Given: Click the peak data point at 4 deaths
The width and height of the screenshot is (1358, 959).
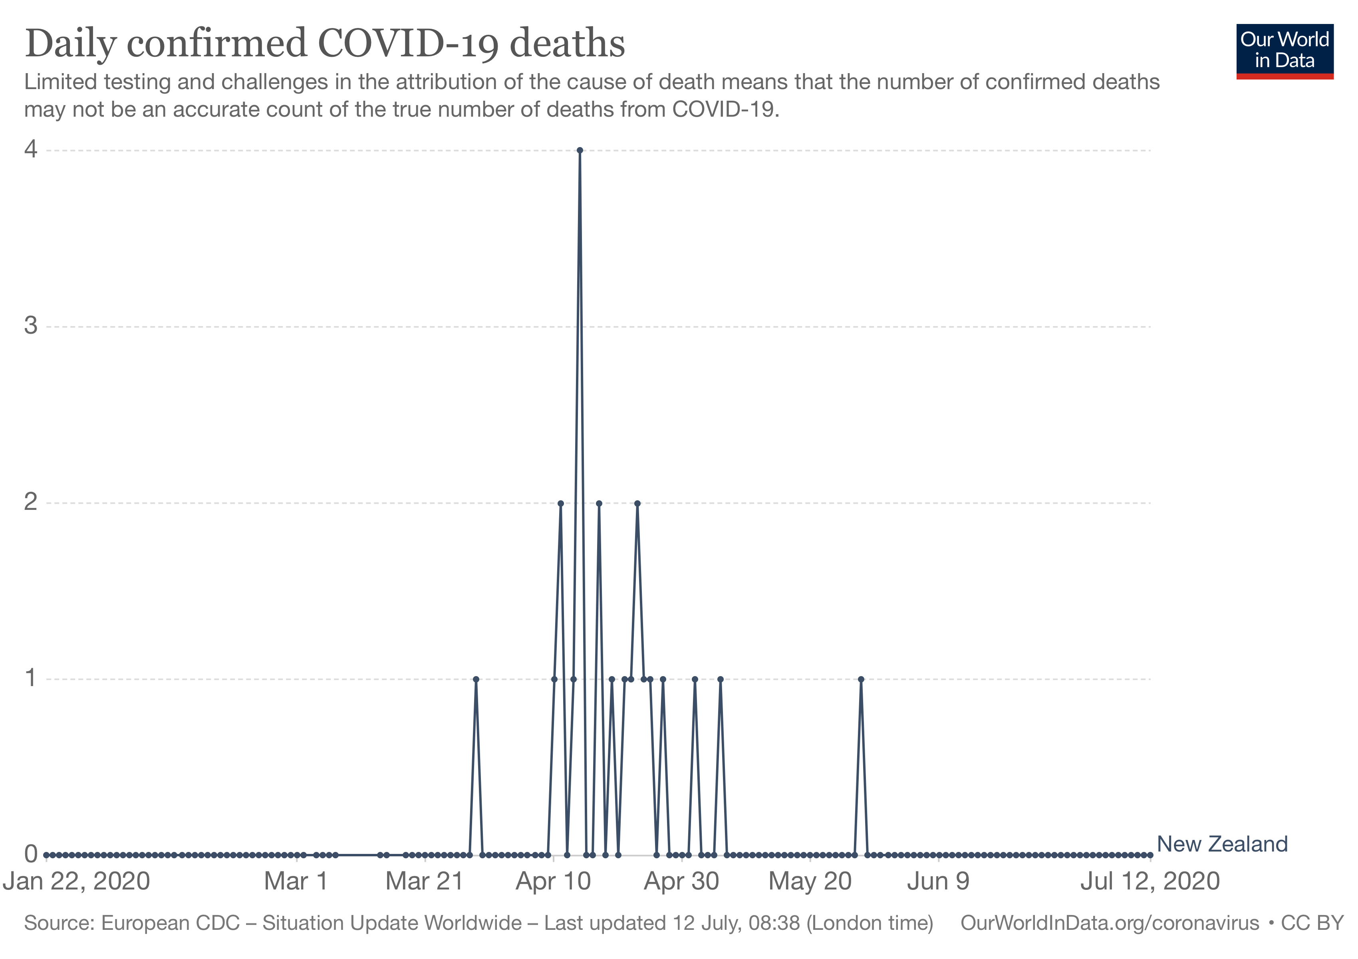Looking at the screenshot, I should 580,150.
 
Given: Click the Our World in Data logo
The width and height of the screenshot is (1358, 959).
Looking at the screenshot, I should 1285,51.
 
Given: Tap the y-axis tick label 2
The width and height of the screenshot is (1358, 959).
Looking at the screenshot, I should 31,502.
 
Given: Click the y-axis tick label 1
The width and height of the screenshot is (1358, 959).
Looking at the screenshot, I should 31,678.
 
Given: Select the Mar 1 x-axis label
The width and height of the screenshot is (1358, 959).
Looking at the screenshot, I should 296,881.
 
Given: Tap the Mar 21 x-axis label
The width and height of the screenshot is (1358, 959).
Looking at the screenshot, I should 424,881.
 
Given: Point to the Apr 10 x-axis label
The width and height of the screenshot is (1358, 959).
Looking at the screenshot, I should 553,881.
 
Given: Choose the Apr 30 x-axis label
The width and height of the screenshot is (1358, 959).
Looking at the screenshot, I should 681,881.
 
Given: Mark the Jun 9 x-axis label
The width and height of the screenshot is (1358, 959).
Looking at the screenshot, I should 938,881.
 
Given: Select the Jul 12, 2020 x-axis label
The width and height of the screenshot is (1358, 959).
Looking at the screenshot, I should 1150,881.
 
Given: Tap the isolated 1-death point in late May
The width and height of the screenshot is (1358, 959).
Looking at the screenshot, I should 861,679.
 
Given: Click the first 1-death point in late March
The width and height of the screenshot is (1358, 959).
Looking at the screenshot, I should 476,679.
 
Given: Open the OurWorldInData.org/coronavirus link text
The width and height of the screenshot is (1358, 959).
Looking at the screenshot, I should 1110,923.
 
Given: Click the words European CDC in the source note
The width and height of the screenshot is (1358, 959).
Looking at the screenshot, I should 170,923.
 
